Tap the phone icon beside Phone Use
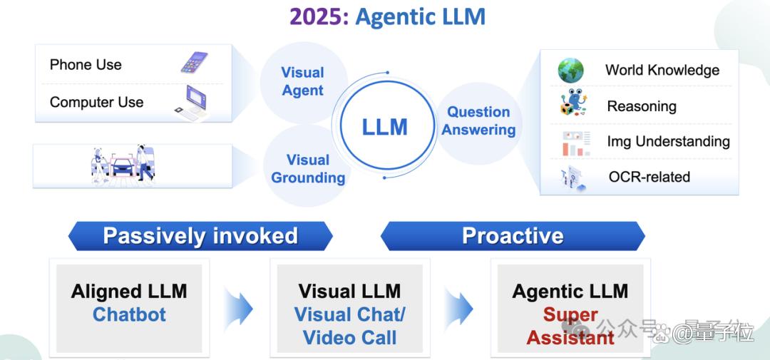pos(194,63)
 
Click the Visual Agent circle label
pos(302,81)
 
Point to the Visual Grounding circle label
pos(308,169)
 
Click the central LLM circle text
pos(384,127)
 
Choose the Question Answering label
pos(478,120)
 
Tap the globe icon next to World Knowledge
pos(570,71)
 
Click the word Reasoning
pos(641,106)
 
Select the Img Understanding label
pos(668,141)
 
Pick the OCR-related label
pos(649,177)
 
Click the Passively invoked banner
pos(200,236)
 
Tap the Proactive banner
pos(513,236)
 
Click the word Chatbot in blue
pos(129,314)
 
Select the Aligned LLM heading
pos(129,292)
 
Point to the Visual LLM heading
pos(349,292)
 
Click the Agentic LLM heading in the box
pos(570,292)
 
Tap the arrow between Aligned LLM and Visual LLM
pos(239,309)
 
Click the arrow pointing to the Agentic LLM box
pos(459,309)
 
